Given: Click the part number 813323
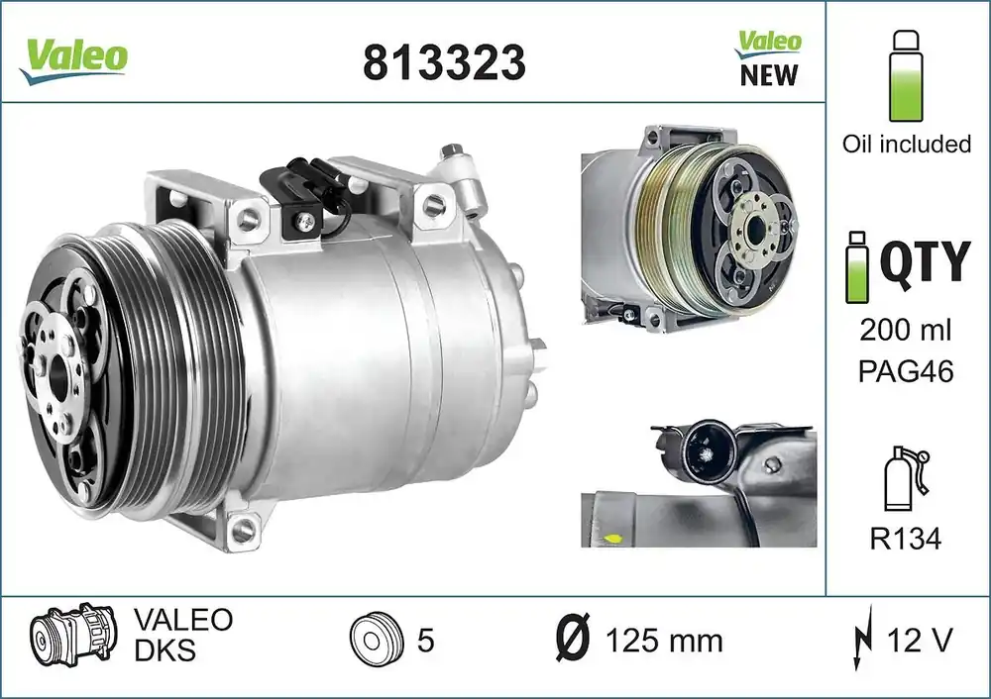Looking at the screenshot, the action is pyautogui.click(x=444, y=62).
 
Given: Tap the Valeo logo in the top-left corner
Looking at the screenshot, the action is pyautogui.click(x=73, y=59).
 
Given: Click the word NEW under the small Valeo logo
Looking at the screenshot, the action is pyautogui.click(x=769, y=74).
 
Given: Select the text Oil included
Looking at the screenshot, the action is pyautogui.click(x=907, y=144).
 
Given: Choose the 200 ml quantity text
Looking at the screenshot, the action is pyautogui.click(x=905, y=331).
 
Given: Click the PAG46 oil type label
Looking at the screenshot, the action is pyautogui.click(x=905, y=371).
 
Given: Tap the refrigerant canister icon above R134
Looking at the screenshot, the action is pyautogui.click(x=907, y=478).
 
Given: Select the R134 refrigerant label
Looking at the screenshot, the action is pyautogui.click(x=906, y=539).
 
